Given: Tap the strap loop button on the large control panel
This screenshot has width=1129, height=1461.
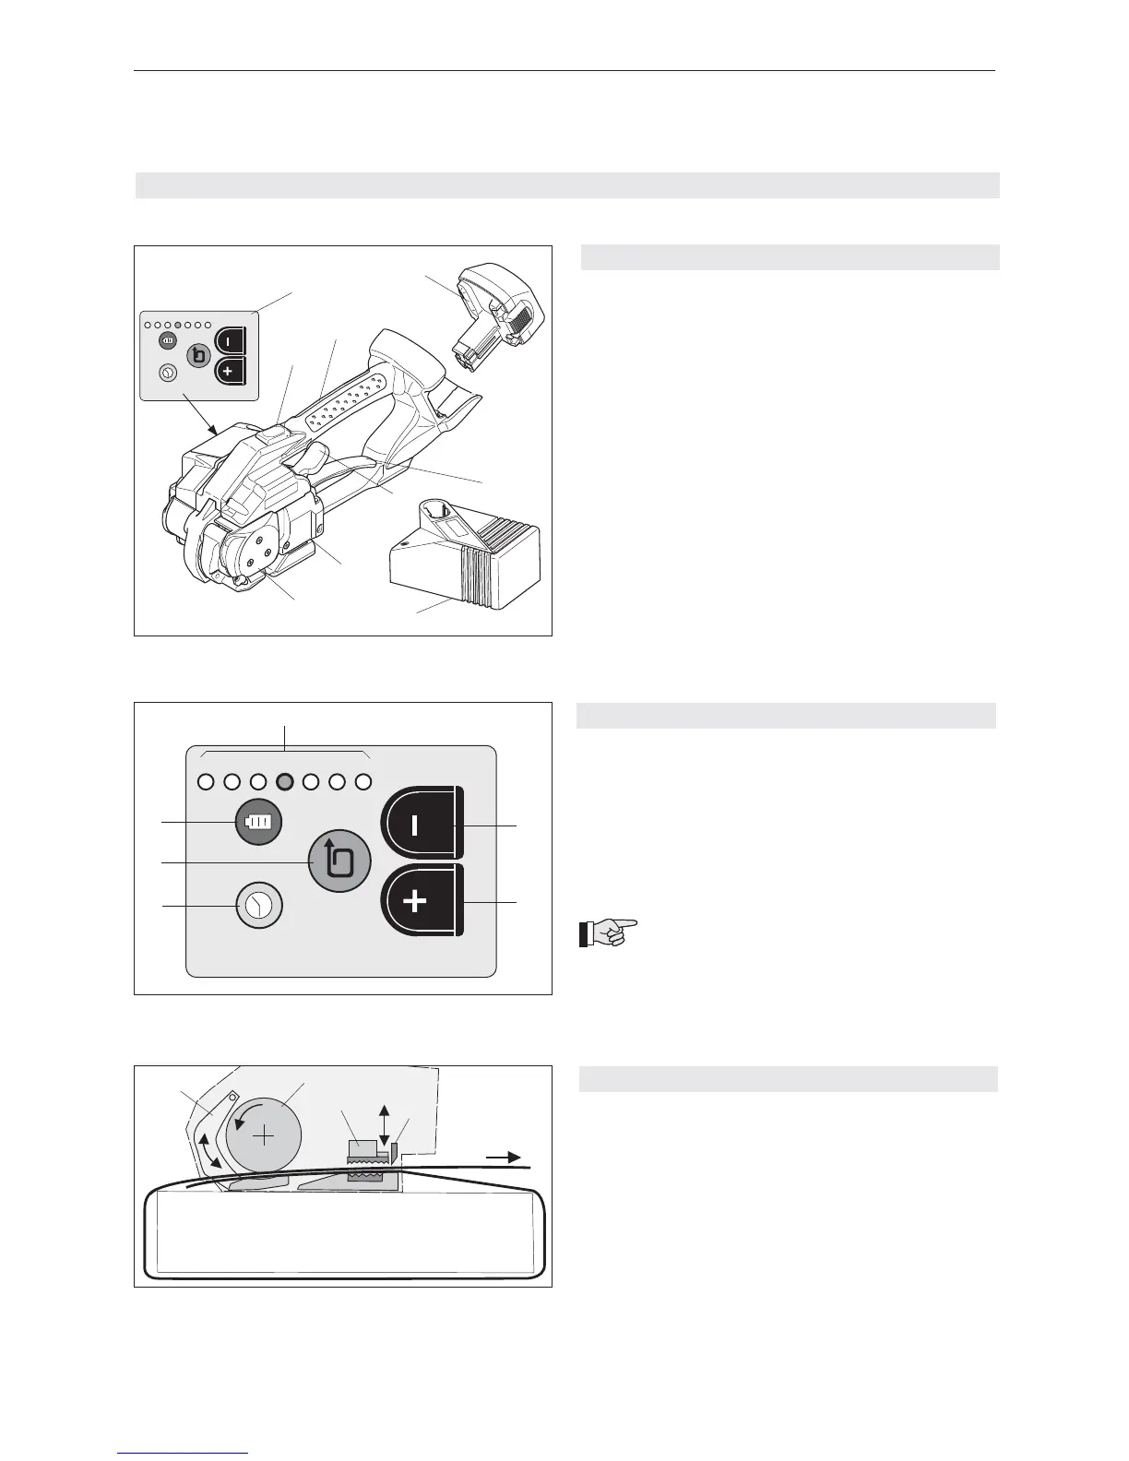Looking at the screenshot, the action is pos(339,861).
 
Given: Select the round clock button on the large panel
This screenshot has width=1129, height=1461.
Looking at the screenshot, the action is pos(259,906).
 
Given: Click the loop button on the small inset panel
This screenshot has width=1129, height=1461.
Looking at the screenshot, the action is pos(198,356).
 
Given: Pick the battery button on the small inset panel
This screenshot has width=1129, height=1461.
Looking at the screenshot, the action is pos(167,341).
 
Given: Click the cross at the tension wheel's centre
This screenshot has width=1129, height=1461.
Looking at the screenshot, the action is pos(264,1135).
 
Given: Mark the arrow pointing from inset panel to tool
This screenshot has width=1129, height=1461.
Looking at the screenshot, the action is pos(198,414).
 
